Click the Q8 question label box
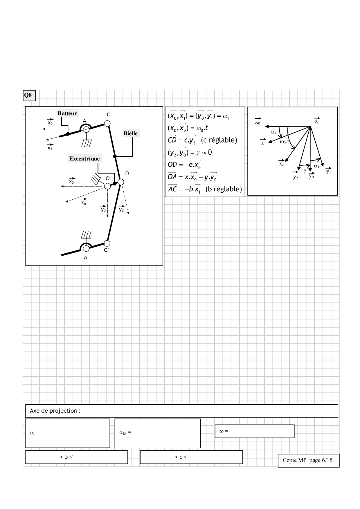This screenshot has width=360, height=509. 29,95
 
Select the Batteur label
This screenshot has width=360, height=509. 67,113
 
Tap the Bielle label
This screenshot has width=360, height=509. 130,133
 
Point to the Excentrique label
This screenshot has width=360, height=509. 84,158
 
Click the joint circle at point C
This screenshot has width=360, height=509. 107,123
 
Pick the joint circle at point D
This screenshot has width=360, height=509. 121,182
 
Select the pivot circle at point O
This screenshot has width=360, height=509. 107,186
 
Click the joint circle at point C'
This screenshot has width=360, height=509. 107,243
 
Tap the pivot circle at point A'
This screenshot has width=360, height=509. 86,248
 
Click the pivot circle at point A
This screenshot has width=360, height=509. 86,130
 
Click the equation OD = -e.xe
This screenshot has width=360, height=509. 184,165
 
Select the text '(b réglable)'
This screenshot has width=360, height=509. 224,189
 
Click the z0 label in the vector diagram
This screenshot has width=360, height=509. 317,122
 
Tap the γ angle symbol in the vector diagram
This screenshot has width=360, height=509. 305,171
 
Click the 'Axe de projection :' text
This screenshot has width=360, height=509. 55,411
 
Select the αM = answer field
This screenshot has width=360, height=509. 158,433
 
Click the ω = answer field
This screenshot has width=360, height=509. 254,431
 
